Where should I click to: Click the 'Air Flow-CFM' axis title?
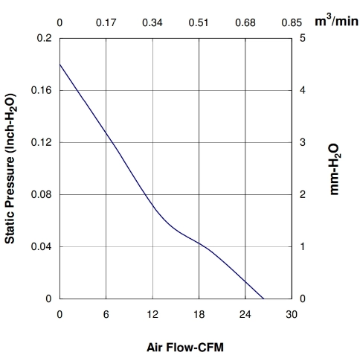tap(185, 347)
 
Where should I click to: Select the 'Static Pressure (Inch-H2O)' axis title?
tap(10, 168)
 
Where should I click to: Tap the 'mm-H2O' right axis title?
tap(335, 169)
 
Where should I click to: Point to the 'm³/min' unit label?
tap(336, 21)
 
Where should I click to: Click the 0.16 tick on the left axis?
tap(42, 90)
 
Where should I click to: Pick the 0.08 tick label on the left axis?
tap(42, 194)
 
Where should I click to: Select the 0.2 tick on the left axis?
tap(45, 38)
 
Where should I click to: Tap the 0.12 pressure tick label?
tap(42, 142)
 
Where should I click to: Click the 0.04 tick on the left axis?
tap(42, 246)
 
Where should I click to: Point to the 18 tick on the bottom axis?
tap(199, 314)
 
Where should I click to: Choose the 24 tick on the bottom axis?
tap(245, 314)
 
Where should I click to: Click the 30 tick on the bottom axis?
tap(292, 314)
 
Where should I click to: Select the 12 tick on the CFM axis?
tap(152, 314)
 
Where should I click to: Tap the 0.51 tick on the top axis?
tap(199, 22)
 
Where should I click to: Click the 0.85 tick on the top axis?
tap(292, 22)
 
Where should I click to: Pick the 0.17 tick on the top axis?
tap(106, 22)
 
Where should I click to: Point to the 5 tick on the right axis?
tap(303, 38)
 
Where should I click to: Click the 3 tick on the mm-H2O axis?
tap(303, 142)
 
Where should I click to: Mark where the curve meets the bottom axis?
tap(263, 298)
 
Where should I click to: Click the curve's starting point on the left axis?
tap(60, 64)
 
